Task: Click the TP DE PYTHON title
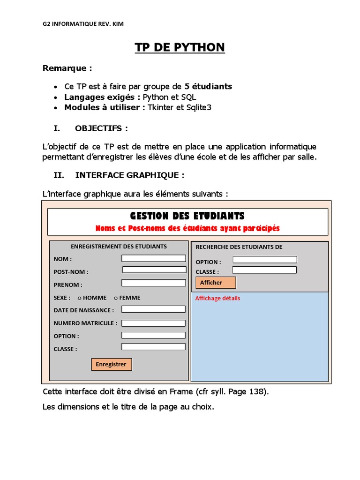pyautogui.click(x=180, y=47)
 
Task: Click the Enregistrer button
pyautogui.click(x=111, y=364)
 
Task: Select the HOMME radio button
pyautogui.click(x=80, y=298)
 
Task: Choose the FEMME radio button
pyautogui.click(x=116, y=298)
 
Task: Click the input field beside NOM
pyautogui.click(x=153, y=258)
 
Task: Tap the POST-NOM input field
pyautogui.click(x=154, y=270)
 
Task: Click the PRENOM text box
pyautogui.click(x=153, y=283)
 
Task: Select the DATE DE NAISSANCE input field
pyautogui.click(x=153, y=309)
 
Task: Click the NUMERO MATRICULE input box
pyautogui.click(x=153, y=322)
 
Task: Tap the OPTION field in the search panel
pyautogui.click(x=265, y=260)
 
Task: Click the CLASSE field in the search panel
pyautogui.click(x=264, y=270)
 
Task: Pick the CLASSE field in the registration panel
pyautogui.click(x=153, y=347)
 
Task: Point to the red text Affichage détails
pyautogui.click(x=217, y=298)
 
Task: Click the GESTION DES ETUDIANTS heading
pyautogui.click(x=187, y=216)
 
